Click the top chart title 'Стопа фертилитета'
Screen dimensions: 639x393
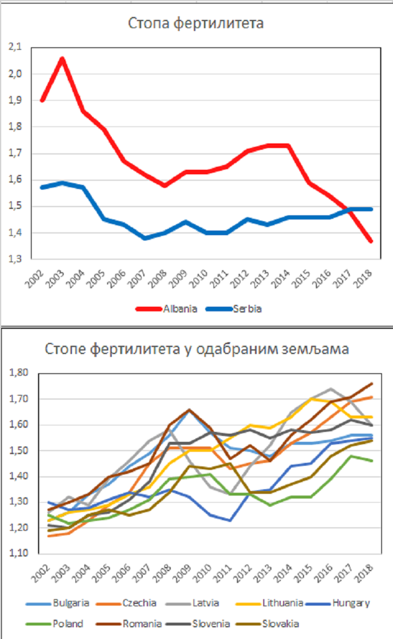click(x=196, y=23)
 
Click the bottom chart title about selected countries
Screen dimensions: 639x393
click(x=197, y=350)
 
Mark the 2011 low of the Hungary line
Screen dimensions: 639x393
click(x=231, y=520)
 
